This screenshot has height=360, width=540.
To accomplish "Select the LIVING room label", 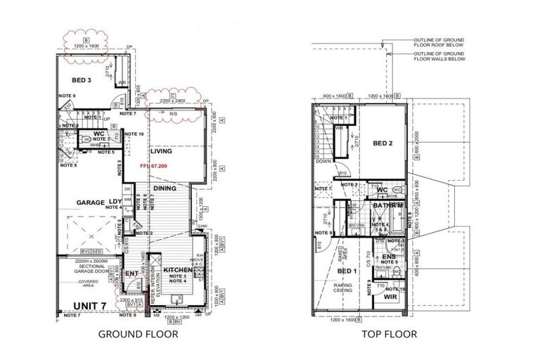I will pyautogui.click(x=162, y=151).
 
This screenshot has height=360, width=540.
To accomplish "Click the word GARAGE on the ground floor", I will pyautogui.click(x=83, y=202).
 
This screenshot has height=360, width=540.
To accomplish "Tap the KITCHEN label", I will pyautogui.click(x=179, y=270).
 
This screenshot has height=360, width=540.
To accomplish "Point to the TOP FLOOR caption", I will pyautogui.click(x=390, y=335).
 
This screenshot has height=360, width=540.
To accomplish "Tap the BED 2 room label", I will pyautogui.click(x=382, y=143).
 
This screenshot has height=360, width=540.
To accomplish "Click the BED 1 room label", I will pyautogui.click(x=345, y=270).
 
